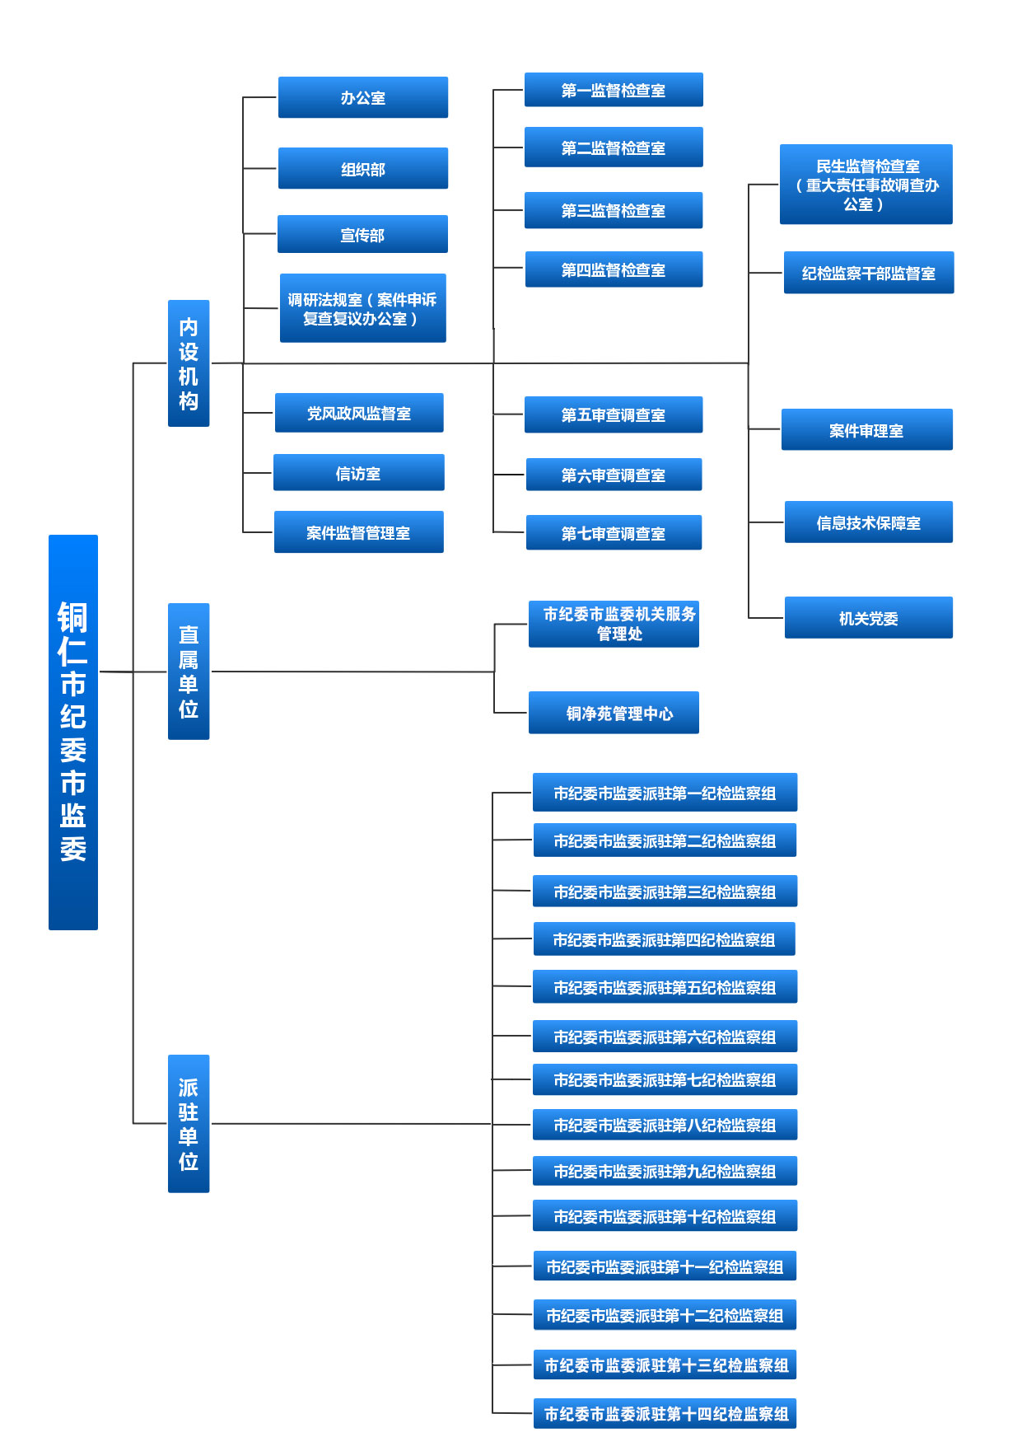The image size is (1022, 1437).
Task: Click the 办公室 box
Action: [x=363, y=97]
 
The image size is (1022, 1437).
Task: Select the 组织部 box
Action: [x=363, y=168]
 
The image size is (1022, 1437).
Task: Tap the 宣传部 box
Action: [x=362, y=234]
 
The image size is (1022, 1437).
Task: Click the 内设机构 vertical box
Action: [x=189, y=363]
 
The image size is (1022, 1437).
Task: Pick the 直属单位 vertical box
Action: [x=189, y=672]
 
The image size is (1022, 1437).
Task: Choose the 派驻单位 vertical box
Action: [x=189, y=1124]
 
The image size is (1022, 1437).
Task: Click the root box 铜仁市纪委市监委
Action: [x=73, y=733]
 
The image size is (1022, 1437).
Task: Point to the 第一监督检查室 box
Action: [x=614, y=90]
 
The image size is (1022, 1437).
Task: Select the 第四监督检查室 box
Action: [x=614, y=269]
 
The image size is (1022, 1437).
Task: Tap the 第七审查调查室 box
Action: [x=614, y=532]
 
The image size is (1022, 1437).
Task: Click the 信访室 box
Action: [x=359, y=472]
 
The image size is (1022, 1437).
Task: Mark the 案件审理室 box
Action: [x=867, y=429]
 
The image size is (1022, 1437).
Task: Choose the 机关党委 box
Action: [x=869, y=617]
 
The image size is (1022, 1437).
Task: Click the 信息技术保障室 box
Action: [x=869, y=522]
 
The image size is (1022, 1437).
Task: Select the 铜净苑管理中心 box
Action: [x=614, y=713]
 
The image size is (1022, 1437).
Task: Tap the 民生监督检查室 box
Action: [x=866, y=185]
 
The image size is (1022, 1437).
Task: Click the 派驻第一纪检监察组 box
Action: [x=665, y=793]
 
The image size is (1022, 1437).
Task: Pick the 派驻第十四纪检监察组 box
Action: [x=665, y=1413]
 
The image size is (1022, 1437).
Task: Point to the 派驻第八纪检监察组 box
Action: [x=665, y=1125]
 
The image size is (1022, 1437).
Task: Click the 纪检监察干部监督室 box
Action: [x=869, y=273]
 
